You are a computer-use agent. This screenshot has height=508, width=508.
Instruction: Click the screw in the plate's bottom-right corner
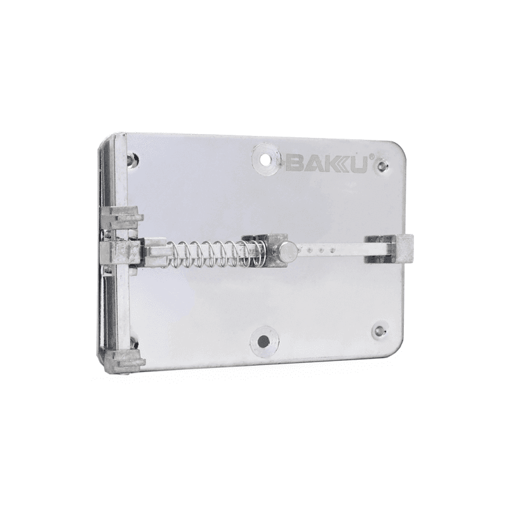379,331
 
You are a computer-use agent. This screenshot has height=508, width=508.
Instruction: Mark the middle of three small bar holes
321,250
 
